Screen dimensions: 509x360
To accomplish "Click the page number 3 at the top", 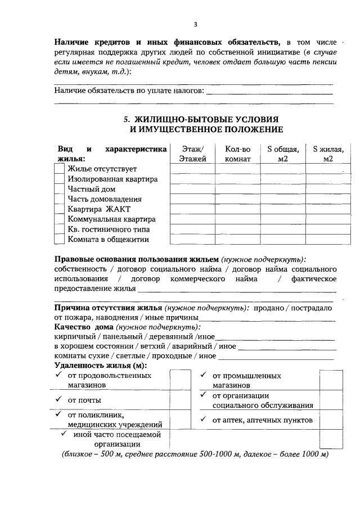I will coord(195,24).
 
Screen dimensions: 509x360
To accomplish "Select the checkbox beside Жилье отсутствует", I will coord(59,169).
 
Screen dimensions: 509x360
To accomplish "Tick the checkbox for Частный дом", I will coord(59,189).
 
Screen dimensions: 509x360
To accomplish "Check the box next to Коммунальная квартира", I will coord(59,219).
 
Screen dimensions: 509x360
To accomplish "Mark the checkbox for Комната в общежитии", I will coord(59,240).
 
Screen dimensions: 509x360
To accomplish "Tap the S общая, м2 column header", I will coord(282,154).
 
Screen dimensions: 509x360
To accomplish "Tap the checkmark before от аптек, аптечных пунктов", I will coord(203,419).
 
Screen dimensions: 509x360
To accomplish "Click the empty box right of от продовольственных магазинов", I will coord(181,380).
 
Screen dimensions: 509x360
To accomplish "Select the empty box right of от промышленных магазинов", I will coord(330,380).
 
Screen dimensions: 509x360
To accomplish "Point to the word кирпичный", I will coord(73,336).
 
